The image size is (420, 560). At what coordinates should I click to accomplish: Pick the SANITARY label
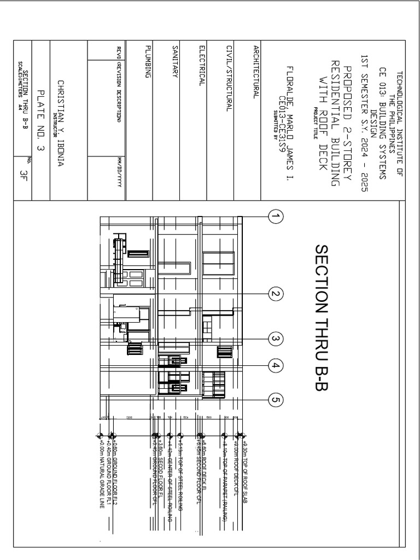[174, 61]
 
